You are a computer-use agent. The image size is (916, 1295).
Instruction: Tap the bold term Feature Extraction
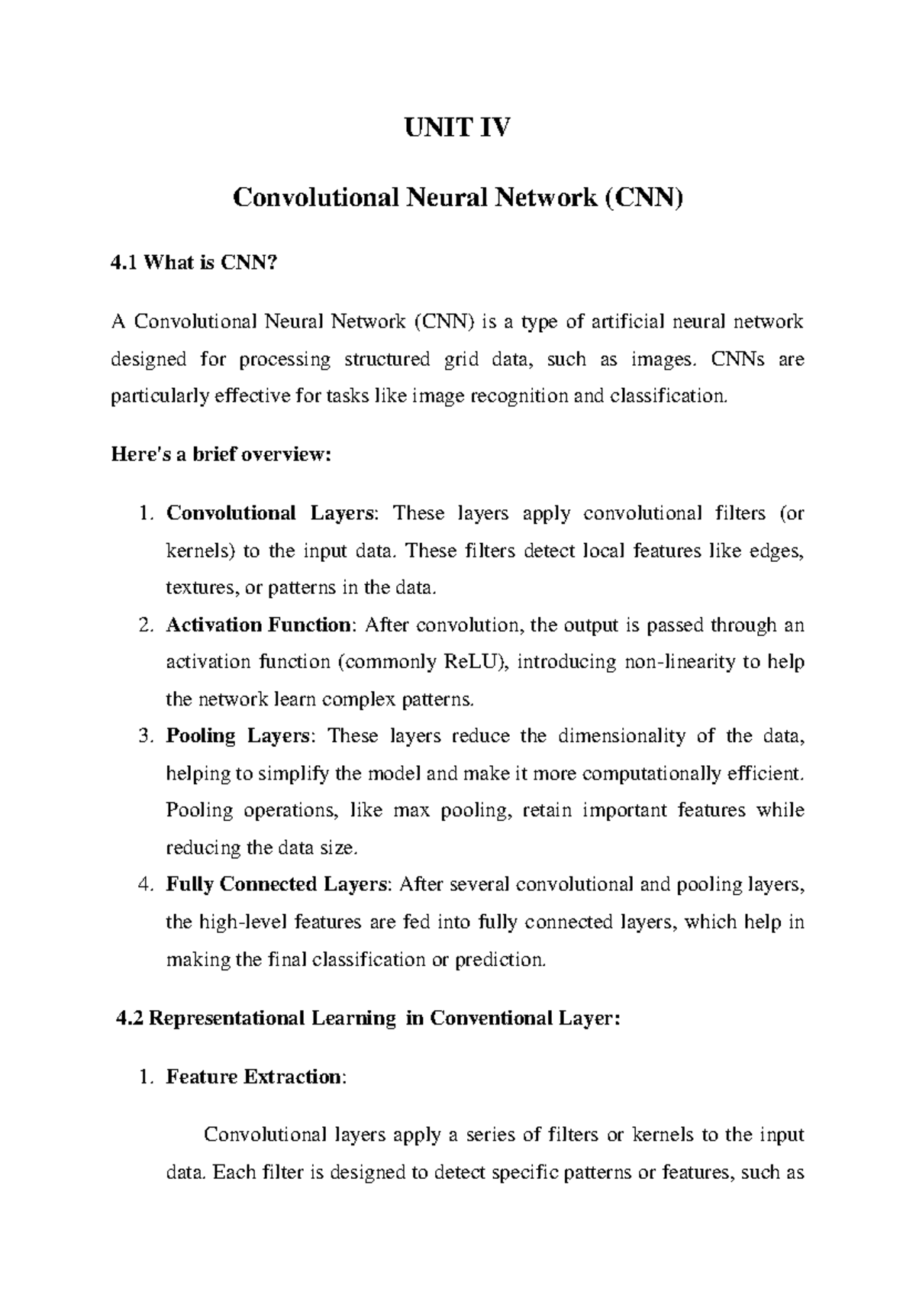point(255,1077)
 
